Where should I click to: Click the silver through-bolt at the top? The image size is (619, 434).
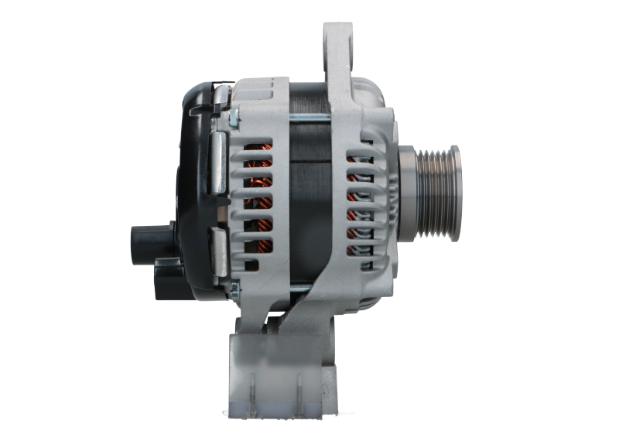pyautogui.click(x=310, y=118)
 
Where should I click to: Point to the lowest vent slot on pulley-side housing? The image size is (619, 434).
pyautogui.click(x=357, y=252)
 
